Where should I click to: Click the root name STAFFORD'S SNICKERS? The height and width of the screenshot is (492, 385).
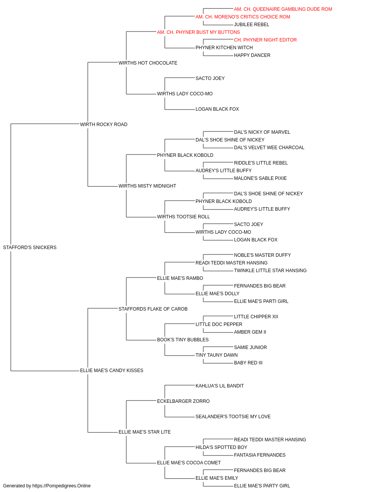click(30, 248)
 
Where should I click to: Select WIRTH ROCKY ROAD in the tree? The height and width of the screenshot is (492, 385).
click(104, 125)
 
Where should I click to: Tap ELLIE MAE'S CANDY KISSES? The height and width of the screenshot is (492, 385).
click(112, 371)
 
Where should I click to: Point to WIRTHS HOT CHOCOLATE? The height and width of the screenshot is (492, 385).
click(148, 63)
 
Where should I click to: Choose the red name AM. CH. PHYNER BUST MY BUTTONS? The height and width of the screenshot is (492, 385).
click(198, 32)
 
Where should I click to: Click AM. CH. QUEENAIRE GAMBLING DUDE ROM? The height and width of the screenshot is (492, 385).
click(283, 9)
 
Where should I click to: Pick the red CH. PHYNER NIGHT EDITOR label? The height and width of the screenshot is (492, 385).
click(265, 40)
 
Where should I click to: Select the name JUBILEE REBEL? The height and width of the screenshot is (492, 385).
click(251, 25)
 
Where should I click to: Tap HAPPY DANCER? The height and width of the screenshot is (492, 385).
click(252, 55)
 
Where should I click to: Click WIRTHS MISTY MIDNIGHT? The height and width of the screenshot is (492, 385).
click(147, 186)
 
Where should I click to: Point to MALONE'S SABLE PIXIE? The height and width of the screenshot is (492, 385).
click(260, 178)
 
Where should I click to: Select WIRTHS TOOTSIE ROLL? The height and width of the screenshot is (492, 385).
click(183, 217)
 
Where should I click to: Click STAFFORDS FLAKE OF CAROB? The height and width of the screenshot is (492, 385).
click(153, 309)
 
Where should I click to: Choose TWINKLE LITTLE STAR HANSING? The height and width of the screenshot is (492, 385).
click(270, 270)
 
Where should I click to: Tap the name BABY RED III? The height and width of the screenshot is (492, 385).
click(248, 363)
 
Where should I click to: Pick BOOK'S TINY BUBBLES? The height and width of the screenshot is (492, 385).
click(183, 340)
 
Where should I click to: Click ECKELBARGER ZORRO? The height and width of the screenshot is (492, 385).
click(183, 401)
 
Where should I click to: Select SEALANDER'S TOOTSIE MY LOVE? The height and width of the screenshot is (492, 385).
click(233, 417)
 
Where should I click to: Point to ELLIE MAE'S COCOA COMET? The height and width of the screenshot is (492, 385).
click(189, 463)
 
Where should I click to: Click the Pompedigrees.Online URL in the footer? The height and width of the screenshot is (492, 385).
click(62, 486)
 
